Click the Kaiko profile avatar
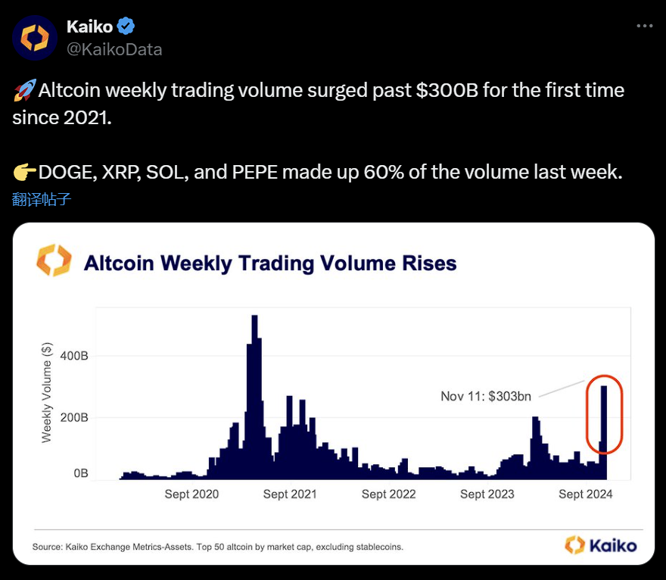(35, 38)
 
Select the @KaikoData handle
(114, 50)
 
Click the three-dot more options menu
(644, 26)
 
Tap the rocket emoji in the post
(23, 92)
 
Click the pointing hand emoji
(23, 173)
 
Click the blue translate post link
(42, 199)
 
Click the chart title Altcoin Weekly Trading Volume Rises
(270, 263)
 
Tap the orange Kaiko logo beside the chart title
(54, 260)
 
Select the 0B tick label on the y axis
(80, 473)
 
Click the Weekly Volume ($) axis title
(47, 392)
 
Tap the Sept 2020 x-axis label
(191, 494)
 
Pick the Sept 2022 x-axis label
(388, 494)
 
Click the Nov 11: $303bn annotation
(486, 396)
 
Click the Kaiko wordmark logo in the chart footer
(601, 544)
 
